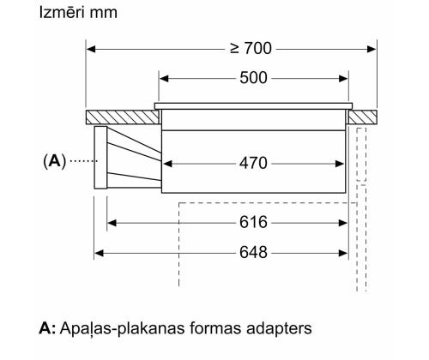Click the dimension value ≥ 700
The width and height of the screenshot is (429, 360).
tap(251, 49)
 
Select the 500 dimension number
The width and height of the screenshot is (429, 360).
tap(253, 78)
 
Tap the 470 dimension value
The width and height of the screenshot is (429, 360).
tap(253, 164)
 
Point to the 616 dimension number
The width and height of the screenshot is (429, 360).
tap(253, 222)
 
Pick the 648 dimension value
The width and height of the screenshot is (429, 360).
tap(253, 253)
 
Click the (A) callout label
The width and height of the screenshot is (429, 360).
tap(54, 161)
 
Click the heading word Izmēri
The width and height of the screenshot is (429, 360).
tap(59, 13)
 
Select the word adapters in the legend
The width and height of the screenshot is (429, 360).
tap(279, 328)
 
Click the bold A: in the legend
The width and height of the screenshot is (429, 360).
tap(47, 328)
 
